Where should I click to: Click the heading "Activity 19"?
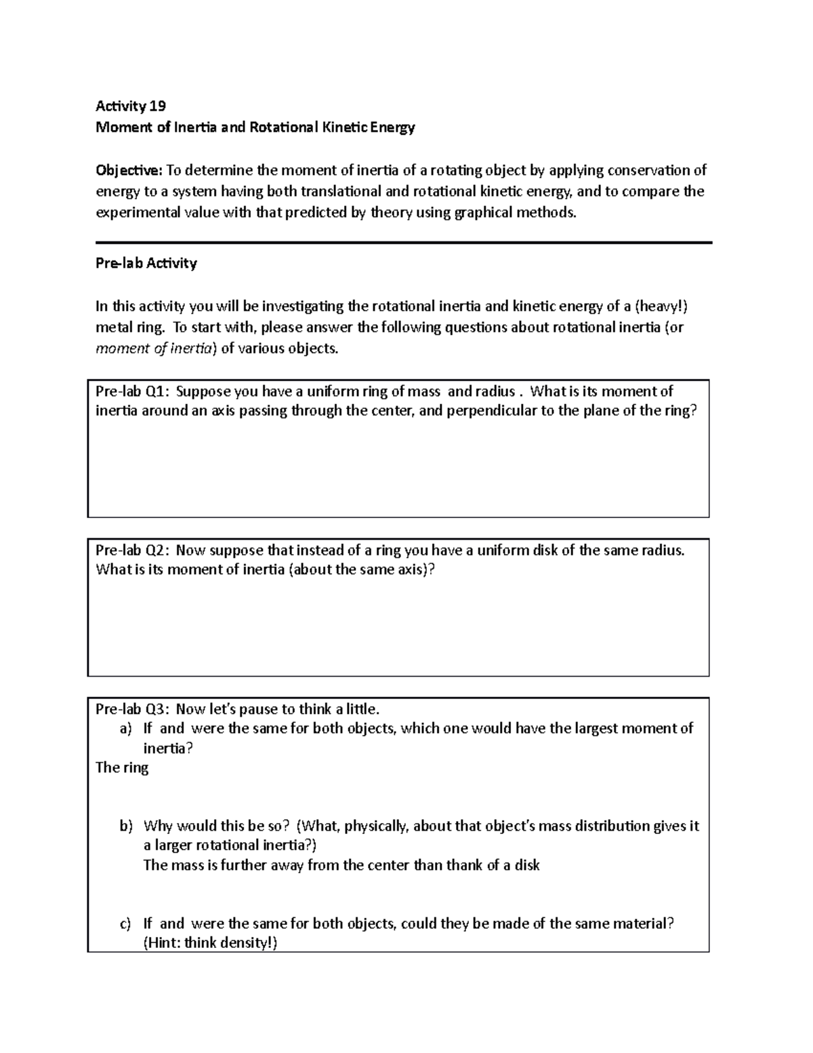(131, 106)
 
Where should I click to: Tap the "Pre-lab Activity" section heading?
(146, 263)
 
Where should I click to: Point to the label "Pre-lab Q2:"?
(133, 550)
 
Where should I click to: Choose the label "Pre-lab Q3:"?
(133, 709)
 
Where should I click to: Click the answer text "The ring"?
(122, 768)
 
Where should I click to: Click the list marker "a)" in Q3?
(125, 729)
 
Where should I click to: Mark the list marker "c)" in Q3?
(125, 923)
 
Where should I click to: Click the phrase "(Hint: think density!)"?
(210, 943)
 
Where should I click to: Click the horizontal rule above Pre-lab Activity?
(404, 242)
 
